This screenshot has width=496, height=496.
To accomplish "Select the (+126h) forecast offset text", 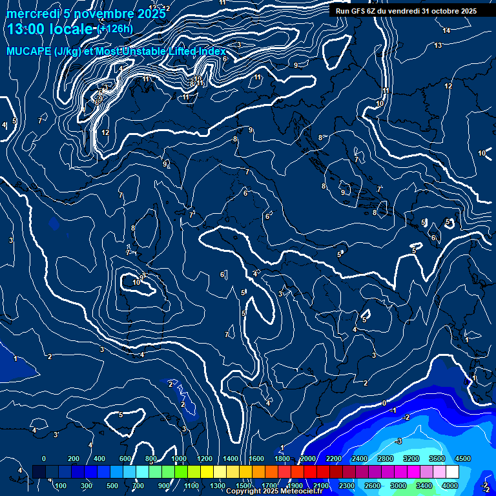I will [114, 28].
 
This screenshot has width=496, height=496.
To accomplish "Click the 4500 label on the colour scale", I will [463, 459].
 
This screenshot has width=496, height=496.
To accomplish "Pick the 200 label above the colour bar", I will [73, 459].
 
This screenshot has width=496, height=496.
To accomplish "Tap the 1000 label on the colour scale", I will [180, 459].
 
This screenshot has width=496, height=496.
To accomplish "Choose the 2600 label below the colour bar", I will [372, 486].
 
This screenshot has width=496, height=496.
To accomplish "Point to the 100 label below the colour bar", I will [61, 486].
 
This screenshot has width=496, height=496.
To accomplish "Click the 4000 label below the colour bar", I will [451, 486].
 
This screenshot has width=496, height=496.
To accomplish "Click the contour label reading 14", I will [446, 30].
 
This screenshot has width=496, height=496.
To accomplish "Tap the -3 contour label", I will [398, 441].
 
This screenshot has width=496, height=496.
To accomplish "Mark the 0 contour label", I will [384, 403].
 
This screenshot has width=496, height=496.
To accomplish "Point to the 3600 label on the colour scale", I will [437, 459].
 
